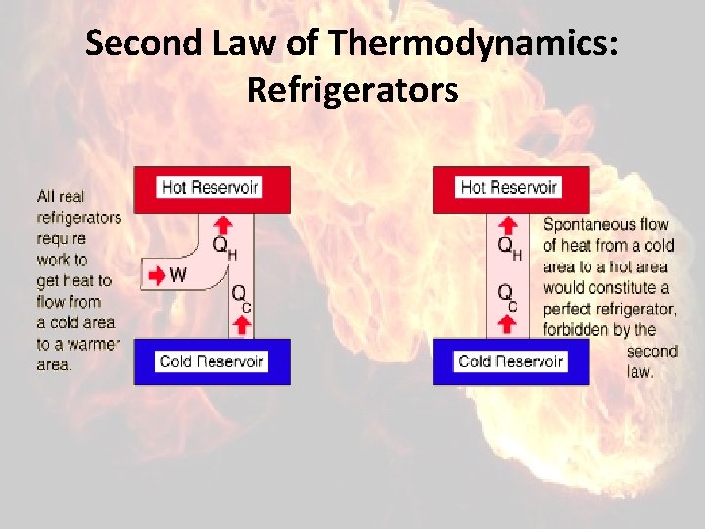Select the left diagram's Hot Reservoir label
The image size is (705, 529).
point(211,187)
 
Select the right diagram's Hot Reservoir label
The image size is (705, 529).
point(509,187)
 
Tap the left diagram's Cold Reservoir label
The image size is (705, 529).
point(211,361)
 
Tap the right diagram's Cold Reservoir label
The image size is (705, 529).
point(510,361)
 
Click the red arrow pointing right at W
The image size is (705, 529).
point(156,275)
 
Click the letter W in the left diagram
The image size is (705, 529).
point(177,275)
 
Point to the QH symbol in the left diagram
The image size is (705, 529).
point(224,247)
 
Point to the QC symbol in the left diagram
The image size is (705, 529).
point(242,295)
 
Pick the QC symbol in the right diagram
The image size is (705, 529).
point(507,295)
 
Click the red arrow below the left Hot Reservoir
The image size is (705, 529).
point(222,222)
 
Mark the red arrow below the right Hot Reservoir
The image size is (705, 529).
point(508,223)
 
